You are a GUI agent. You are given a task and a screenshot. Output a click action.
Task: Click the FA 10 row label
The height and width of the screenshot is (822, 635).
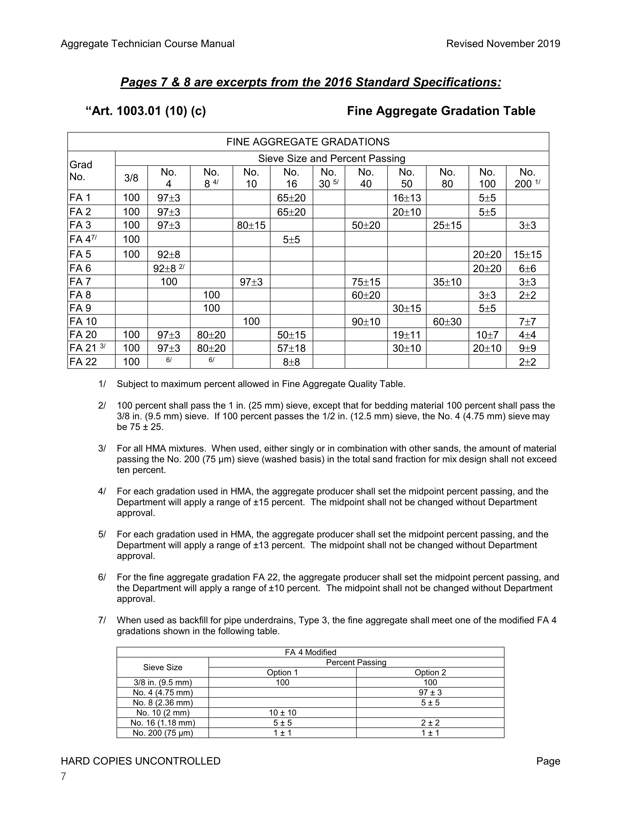click(x=83, y=322)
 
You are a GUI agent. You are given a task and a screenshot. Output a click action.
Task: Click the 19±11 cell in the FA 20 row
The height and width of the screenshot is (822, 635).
click(x=407, y=335)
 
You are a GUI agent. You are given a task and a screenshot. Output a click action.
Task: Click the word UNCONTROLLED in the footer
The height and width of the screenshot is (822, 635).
click(x=178, y=761)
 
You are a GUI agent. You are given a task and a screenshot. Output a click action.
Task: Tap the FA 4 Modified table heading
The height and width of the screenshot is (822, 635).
click(x=310, y=652)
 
